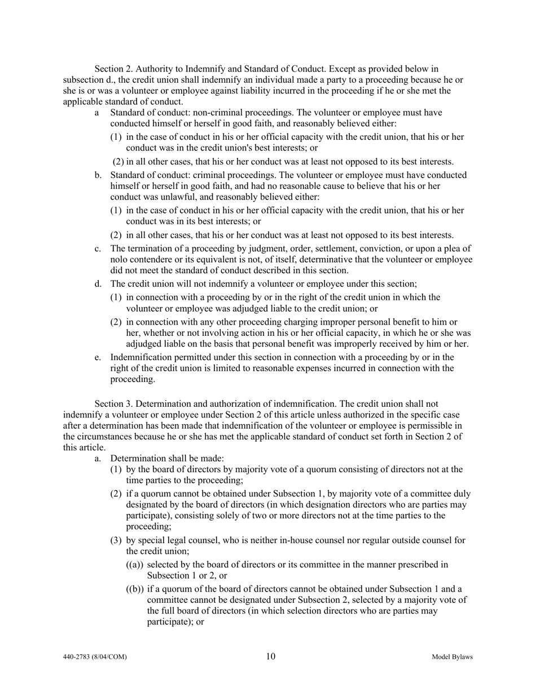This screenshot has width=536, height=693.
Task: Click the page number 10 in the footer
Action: click(x=271, y=656)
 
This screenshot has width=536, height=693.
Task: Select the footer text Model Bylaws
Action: click(x=452, y=657)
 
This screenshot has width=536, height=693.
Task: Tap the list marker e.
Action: click(x=98, y=357)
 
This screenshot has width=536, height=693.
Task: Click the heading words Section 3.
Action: click(x=113, y=404)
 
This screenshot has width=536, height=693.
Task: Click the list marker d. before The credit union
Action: click(x=98, y=284)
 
